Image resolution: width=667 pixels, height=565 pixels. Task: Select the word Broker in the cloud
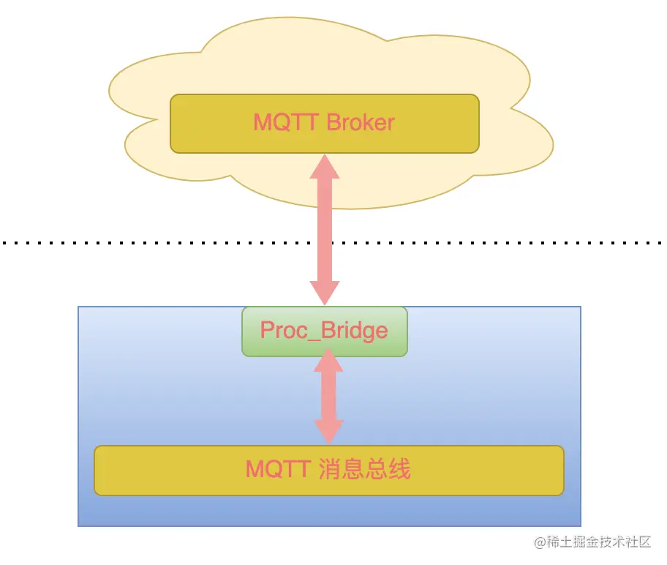pyautogui.click(x=361, y=122)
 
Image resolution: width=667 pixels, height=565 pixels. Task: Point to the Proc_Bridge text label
pyautogui.click(x=324, y=331)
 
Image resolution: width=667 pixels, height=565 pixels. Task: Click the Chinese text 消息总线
pyautogui.click(x=365, y=469)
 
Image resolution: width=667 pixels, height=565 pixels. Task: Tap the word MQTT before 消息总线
pyautogui.click(x=279, y=469)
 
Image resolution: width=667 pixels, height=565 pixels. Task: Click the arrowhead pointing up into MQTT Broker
pyautogui.click(x=325, y=167)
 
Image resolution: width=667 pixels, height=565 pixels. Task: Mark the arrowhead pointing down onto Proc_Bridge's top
pyautogui.click(x=325, y=292)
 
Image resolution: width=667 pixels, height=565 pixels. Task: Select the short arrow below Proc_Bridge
pyautogui.click(x=328, y=395)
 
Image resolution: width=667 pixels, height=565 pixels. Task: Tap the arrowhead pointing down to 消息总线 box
pyautogui.click(x=328, y=432)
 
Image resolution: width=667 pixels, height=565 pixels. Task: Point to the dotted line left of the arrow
pyautogui.click(x=146, y=242)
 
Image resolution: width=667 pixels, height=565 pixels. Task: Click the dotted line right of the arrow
pyautogui.click(x=497, y=242)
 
